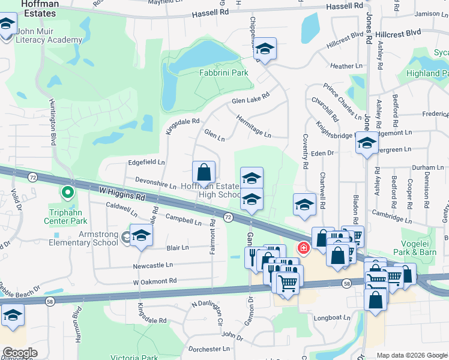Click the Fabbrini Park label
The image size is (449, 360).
click(x=223, y=73)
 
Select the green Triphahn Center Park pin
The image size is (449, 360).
click(x=68, y=193)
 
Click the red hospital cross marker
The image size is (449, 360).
click(x=304, y=247)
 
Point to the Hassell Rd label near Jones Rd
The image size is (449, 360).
click(x=346, y=7)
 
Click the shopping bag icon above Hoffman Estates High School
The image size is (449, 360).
click(x=204, y=172)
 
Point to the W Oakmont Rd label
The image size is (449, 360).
click(x=155, y=281)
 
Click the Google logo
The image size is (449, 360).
click(x=20, y=352)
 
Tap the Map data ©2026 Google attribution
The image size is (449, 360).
click(x=411, y=355)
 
